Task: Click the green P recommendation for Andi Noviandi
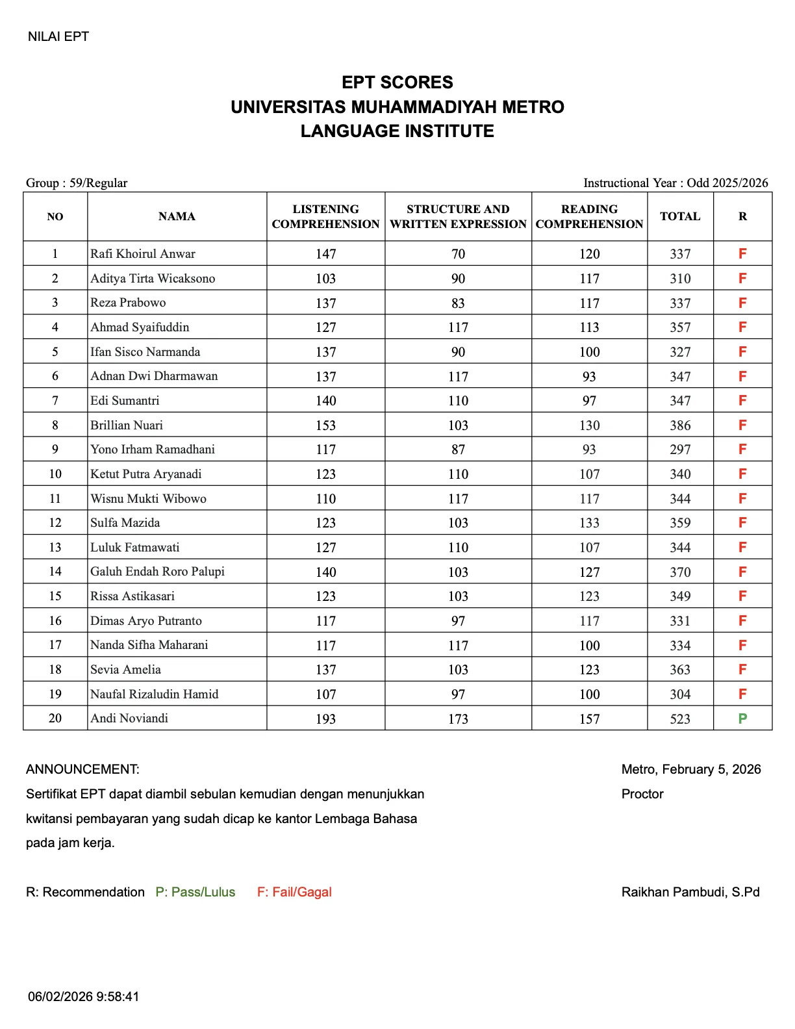click(742, 718)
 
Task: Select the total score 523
click(680, 719)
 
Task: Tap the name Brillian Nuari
click(127, 426)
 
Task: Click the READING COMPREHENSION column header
click(589, 217)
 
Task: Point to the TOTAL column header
click(680, 217)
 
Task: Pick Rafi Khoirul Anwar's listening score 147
click(325, 254)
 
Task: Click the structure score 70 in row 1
click(458, 254)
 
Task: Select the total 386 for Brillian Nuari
click(680, 426)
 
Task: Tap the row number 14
click(55, 572)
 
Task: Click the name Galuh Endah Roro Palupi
click(157, 572)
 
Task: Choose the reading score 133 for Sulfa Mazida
click(589, 523)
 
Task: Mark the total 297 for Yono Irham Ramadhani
click(680, 450)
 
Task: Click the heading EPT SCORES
click(397, 83)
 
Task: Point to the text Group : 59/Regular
click(77, 183)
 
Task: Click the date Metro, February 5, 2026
click(690, 770)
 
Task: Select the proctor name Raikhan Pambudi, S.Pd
click(690, 893)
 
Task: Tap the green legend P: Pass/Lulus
click(196, 893)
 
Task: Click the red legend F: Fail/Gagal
click(294, 893)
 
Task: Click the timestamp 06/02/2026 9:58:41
click(83, 997)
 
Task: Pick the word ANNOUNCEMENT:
click(82, 770)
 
